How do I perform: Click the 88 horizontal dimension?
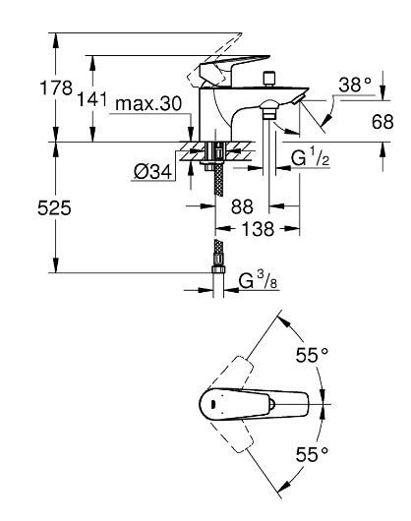coord(240,208)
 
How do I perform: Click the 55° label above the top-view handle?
coord(313,355)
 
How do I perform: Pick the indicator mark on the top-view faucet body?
coord(208,403)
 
